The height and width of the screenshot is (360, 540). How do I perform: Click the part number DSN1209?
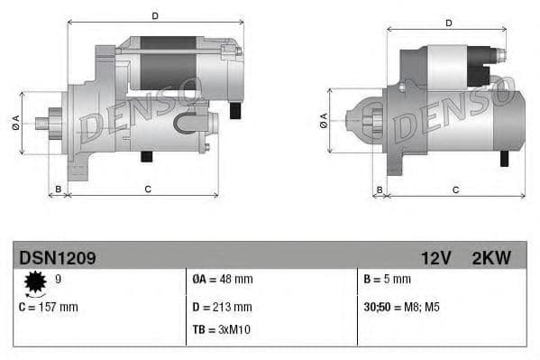[58, 258]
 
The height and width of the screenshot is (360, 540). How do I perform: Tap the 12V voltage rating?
[435, 258]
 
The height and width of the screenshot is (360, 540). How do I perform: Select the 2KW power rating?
[491, 258]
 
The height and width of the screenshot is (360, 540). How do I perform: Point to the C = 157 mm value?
[49, 307]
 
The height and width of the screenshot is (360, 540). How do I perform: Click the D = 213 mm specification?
[223, 307]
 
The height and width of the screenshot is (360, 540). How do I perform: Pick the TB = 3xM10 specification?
[222, 329]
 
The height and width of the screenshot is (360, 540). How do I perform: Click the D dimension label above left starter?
[155, 15]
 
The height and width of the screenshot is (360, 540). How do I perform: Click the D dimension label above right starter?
[447, 23]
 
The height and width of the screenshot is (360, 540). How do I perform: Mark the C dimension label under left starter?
[147, 189]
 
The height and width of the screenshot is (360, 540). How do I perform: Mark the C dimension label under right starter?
[455, 189]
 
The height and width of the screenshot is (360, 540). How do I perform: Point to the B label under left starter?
[59, 189]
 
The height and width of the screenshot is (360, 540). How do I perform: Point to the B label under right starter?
[380, 189]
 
